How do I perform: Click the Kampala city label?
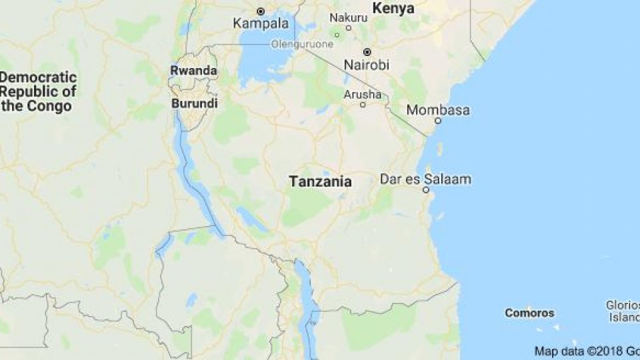(x=261, y=23)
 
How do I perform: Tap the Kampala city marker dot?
(x=261, y=11)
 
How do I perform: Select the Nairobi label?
(x=366, y=65)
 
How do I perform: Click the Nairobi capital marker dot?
(x=366, y=51)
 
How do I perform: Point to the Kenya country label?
(x=393, y=9)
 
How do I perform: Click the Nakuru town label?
(x=349, y=17)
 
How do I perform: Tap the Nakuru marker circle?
(x=337, y=35)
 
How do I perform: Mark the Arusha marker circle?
(x=363, y=105)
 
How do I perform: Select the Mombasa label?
(x=438, y=110)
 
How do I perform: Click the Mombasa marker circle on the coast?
(x=438, y=121)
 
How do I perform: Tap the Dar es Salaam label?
(x=425, y=179)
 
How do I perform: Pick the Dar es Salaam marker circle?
(x=425, y=190)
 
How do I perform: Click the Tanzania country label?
(x=320, y=181)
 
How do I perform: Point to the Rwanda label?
(x=193, y=71)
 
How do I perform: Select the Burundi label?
(x=194, y=104)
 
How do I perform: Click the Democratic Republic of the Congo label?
(x=38, y=91)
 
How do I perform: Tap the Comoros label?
(x=529, y=313)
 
